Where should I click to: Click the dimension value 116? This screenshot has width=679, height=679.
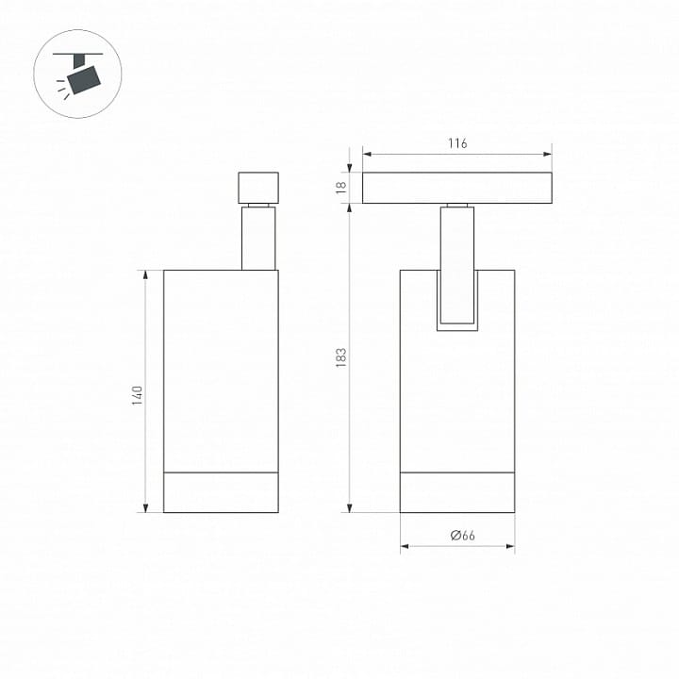[x=457, y=143]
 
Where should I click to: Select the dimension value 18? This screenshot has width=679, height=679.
[x=341, y=188]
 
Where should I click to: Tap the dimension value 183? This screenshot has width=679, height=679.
[x=341, y=357]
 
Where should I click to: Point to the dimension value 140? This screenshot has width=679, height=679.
[x=138, y=395]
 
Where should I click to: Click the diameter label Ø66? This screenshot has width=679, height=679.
[x=462, y=536]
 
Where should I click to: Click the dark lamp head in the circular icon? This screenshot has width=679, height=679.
[x=84, y=79]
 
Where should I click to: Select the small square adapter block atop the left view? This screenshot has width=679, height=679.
[x=258, y=188]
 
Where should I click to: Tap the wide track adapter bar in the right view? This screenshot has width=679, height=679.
[x=457, y=188]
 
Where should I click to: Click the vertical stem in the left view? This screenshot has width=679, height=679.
[x=258, y=238]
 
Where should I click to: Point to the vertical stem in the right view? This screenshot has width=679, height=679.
[x=457, y=265]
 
